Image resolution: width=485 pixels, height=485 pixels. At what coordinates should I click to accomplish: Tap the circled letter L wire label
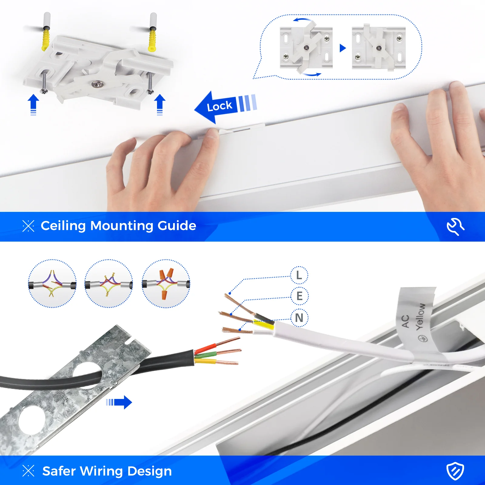click(x=299, y=275)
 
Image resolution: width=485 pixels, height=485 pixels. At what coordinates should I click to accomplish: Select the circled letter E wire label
click(x=299, y=296)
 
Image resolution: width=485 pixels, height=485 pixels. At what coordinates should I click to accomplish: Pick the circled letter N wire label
click(x=299, y=318)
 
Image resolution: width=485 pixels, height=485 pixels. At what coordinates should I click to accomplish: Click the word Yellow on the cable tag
click(x=420, y=317)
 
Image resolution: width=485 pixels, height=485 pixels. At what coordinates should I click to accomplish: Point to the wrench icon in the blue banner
click(x=455, y=226)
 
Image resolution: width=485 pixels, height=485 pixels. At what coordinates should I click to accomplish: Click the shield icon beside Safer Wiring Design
click(x=455, y=471)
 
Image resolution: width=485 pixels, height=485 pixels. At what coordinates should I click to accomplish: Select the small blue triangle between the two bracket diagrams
click(x=343, y=48)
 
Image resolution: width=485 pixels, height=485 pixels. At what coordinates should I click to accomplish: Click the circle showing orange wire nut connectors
click(x=166, y=283)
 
